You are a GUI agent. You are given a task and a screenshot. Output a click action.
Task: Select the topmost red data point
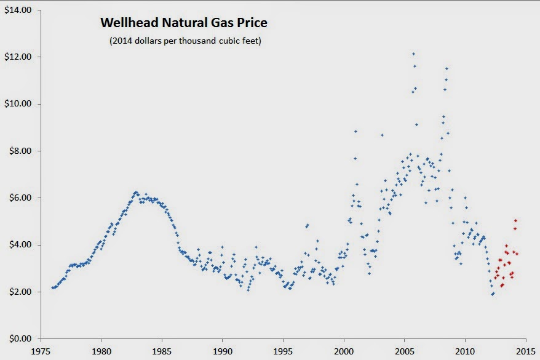point(515,220)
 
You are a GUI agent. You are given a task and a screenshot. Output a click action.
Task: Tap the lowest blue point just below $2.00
point(493,294)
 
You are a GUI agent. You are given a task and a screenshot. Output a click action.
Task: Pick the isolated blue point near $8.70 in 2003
point(382,135)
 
